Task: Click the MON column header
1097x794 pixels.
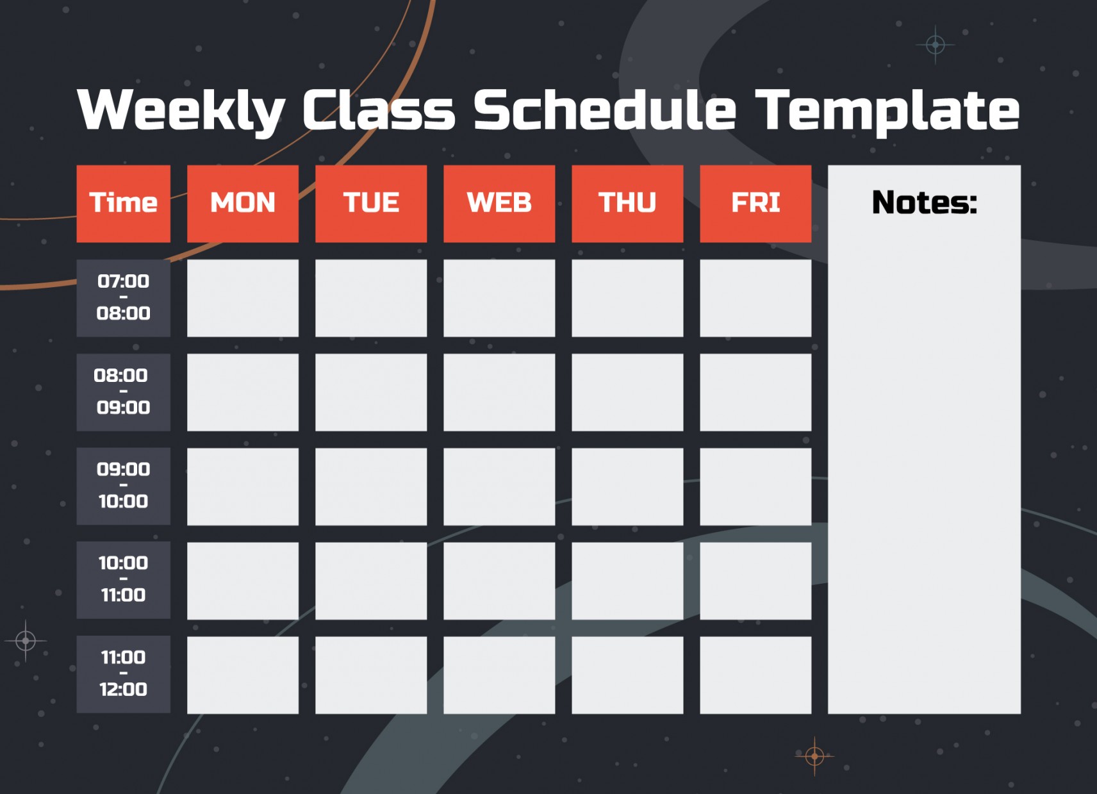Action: [242, 203]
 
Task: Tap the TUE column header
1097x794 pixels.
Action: [370, 203]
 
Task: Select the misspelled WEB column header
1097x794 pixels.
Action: [499, 203]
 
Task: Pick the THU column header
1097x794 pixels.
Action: [627, 203]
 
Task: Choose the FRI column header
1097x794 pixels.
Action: [755, 203]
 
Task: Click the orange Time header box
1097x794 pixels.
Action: [123, 203]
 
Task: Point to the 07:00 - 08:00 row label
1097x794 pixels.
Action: [123, 297]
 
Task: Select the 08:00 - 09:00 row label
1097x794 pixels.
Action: [123, 392]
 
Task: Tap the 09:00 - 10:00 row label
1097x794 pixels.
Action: [123, 486]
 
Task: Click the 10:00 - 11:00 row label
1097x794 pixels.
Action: [123, 580]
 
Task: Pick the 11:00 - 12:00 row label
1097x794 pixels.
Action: [123, 674]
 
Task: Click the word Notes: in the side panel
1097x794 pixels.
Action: [924, 203]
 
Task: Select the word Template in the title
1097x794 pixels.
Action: [887, 110]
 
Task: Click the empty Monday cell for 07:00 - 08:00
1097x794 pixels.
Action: [242, 297]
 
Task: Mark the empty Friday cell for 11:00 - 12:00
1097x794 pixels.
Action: [755, 674]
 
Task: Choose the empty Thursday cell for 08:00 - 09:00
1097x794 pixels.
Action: [627, 392]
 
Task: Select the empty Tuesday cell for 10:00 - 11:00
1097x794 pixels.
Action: [370, 580]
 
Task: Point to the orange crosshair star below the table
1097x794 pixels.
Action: [814, 756]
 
